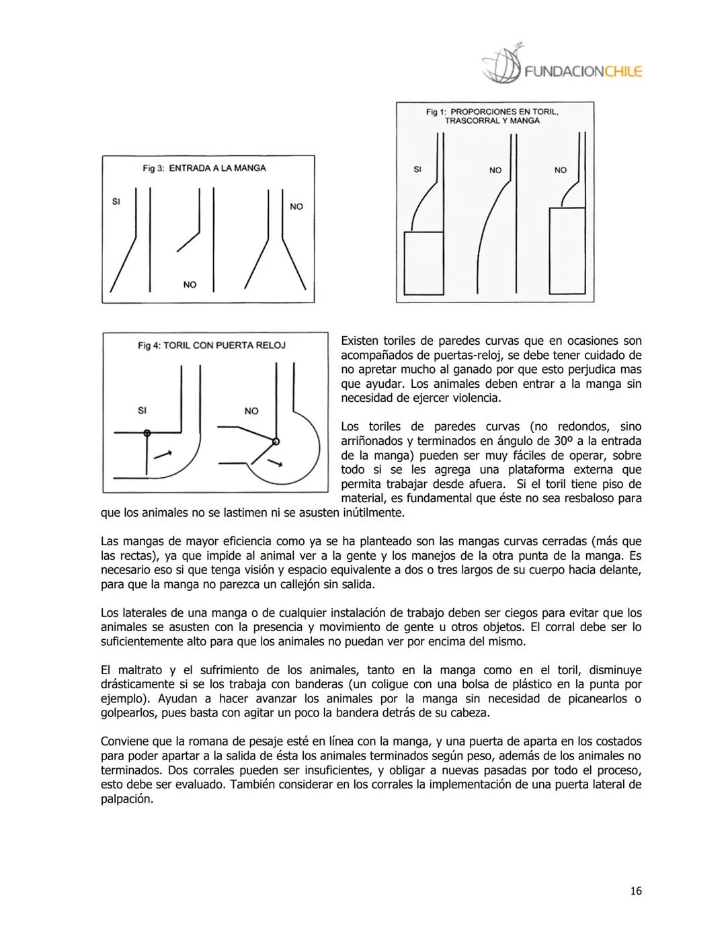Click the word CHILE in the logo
point(623,71)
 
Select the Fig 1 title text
point(492,116)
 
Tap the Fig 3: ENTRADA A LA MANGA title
point(204,168)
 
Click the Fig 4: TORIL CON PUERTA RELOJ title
point(212,345)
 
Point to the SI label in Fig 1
point(417,169)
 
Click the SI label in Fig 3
point(116,201)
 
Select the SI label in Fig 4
point(142,411)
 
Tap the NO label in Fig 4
point(251,411)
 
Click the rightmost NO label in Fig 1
point(561,170)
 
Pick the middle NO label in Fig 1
point(495,170)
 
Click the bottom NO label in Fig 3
point(190,285)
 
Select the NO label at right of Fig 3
point(296,206)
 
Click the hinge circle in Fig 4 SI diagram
point(147,433)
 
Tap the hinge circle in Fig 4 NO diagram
point(276,442)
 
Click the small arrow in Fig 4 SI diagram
point(162,454)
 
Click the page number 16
point(635,891)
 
